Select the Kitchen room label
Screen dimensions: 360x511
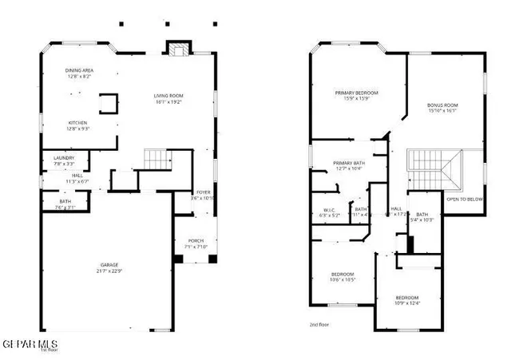coord(77,122)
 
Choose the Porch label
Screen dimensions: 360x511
coord(196,240)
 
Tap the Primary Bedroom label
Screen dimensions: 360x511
coord(356,93)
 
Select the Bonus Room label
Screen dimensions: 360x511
coord(442,105)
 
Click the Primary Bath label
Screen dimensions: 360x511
coord(348,164)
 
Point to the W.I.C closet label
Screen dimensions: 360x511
coord(329,211)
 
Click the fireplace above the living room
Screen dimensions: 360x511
coord(176,49)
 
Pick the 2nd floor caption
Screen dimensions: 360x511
coord(319,325)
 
